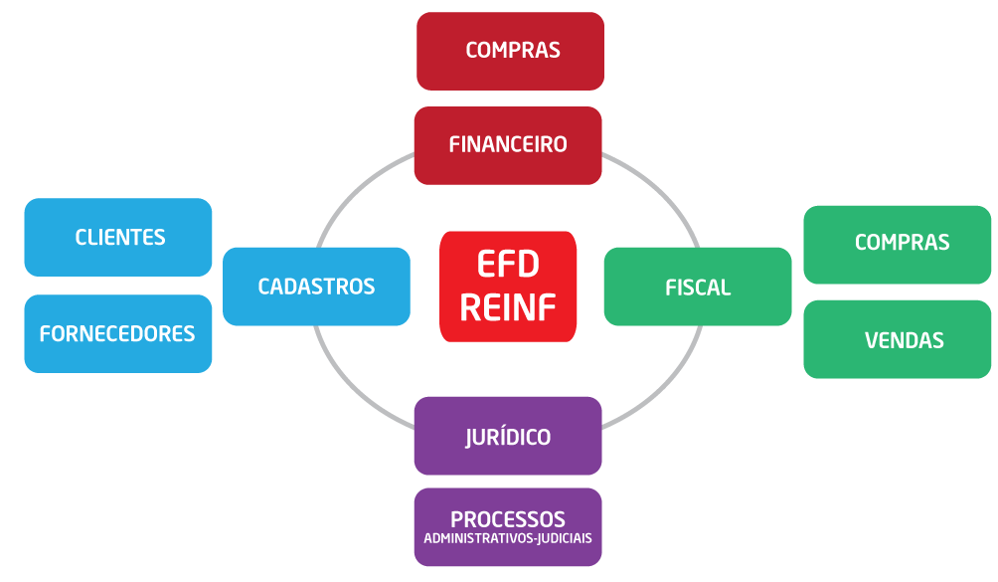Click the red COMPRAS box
click(x=510, y=51)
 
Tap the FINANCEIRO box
click(x=508, y=145)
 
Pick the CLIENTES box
click(x=118, y=238)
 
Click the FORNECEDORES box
click(x=118, y=334)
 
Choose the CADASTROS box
click(x=316, y=287)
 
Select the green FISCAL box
click(x=697, y=288)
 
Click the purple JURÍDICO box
click(x=508, y=437)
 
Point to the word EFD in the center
click(x=508, y=266)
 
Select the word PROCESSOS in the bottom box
click(x=508, y=519)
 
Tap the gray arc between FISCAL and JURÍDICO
click(x=661, y=382)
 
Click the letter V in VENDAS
click(x=871, y=340)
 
